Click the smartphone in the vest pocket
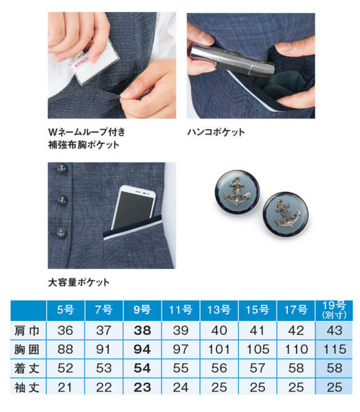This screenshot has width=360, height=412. pos(133,207)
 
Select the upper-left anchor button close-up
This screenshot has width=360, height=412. pos(237,192)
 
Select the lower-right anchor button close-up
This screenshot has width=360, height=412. pos(286,214)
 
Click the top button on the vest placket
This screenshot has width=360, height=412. pos(62,167)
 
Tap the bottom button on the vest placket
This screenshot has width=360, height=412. pos(61,232)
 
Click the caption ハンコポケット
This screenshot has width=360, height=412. pos(216,132)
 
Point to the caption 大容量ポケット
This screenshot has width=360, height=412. pos(79,283)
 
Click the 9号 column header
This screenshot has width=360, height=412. pos(142,310)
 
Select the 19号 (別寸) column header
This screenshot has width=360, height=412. pos(334,310)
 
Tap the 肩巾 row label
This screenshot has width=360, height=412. pos(27,330)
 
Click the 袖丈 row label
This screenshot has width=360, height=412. pos(27,388)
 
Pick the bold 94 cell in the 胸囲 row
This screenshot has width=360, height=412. pos(142,350)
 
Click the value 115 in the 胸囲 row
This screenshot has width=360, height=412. pos(335,350)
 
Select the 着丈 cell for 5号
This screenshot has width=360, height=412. pos(65,368)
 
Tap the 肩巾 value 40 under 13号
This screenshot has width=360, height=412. pos(219,330)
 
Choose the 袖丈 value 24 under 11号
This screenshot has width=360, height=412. pos(181,388)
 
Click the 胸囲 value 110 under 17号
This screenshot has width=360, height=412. pos(296,350)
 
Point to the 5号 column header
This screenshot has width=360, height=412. pos(65,310)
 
